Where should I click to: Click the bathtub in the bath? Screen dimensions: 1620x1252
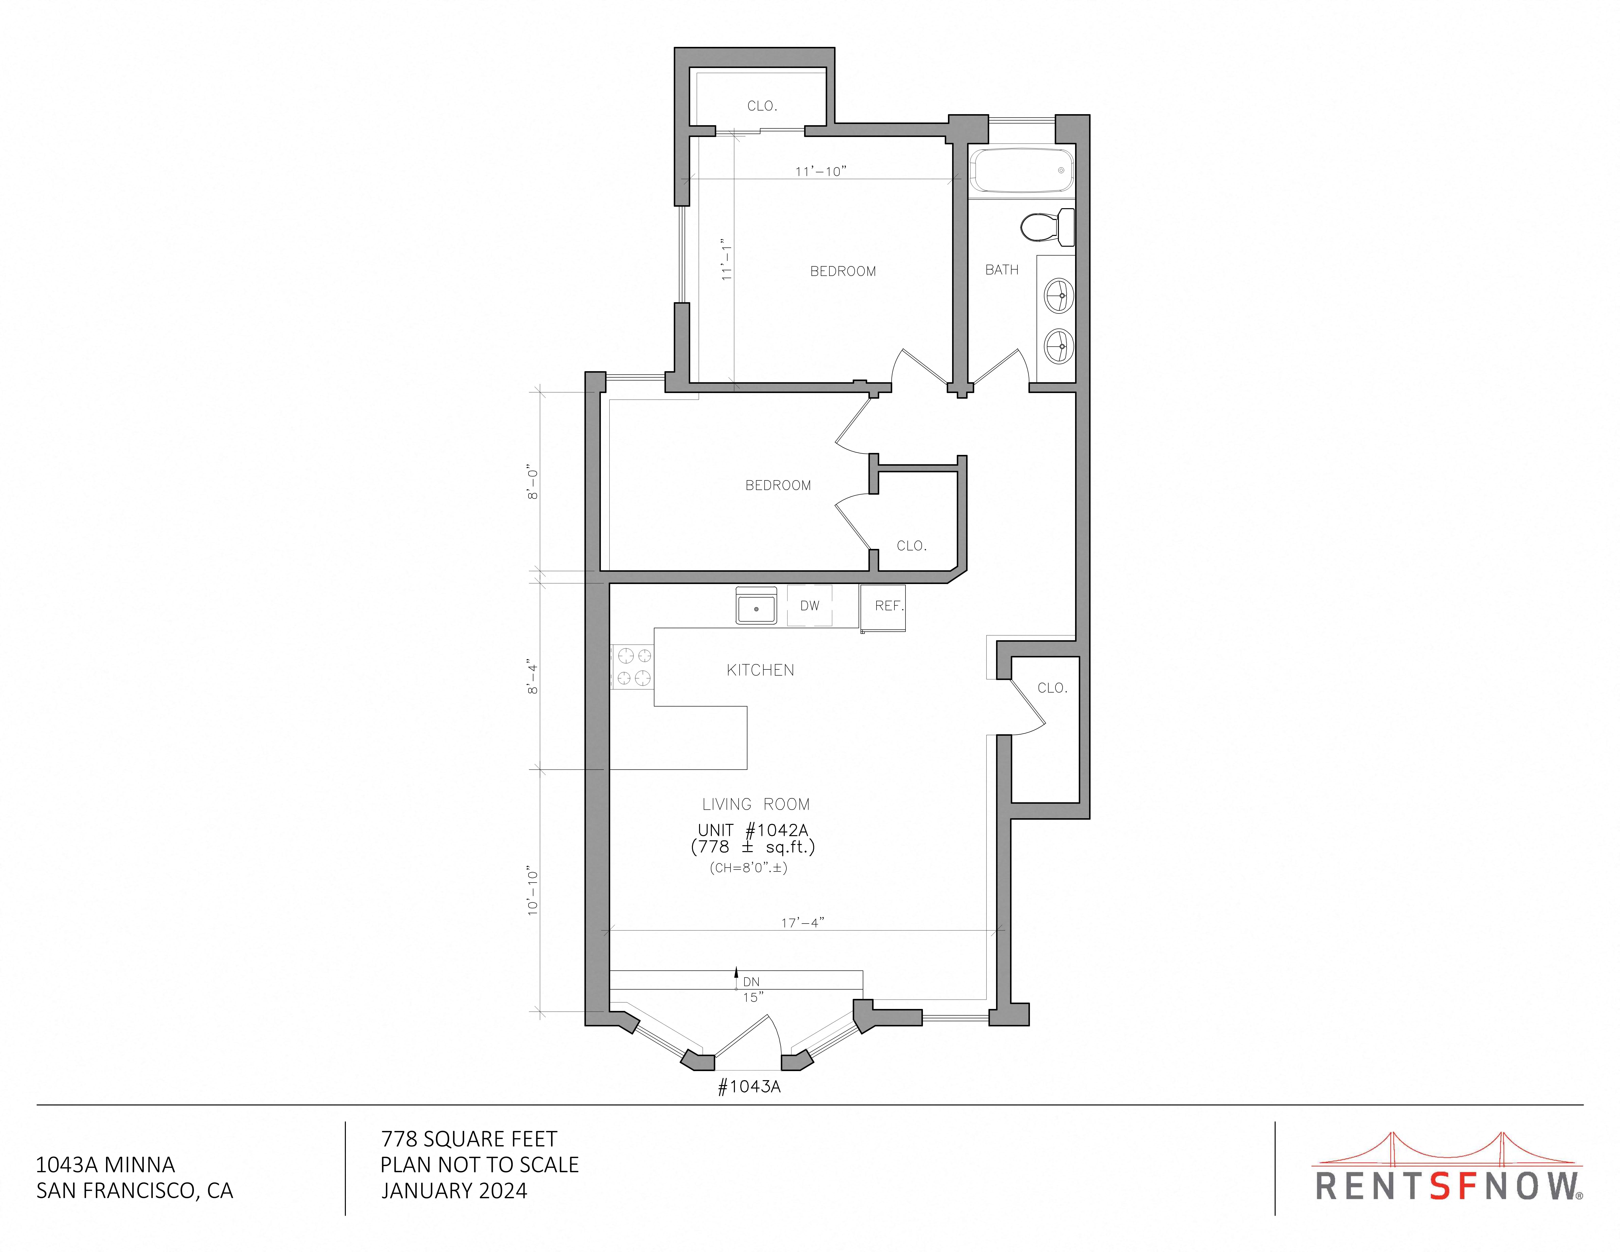click(1022, 171)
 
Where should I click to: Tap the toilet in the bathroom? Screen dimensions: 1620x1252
click(1047, 227)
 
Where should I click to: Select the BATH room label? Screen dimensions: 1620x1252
click(1001, 270)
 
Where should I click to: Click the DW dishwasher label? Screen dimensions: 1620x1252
click(809, 606)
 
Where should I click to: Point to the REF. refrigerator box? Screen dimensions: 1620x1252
click(883, 607)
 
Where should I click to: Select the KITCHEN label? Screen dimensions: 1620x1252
click(760, 670)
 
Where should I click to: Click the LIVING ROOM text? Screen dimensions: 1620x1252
click(756, 804)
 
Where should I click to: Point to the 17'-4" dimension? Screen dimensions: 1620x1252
click(803, 923)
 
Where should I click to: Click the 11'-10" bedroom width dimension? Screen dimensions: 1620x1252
click(820, 171)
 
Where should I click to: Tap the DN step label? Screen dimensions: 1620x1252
click(751, 982)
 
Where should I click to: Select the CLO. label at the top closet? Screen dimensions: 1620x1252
click(762, 106)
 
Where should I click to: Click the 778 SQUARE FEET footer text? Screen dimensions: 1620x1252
click(469, 1139)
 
